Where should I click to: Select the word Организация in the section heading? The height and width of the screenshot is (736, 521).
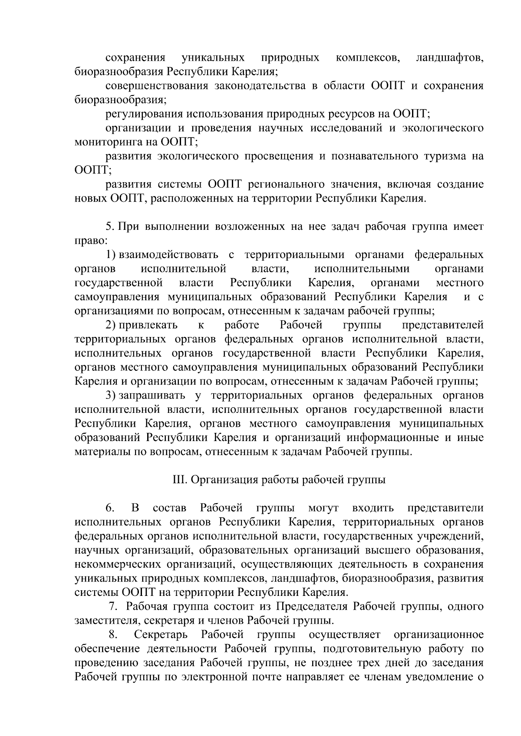coord(222,480)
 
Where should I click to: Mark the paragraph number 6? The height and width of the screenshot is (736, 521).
coord(109,508)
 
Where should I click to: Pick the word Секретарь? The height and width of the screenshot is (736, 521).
coord(161,635)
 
